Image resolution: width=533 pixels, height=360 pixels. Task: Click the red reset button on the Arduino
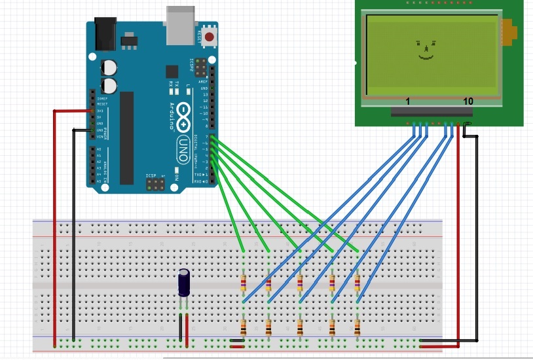(209, 37)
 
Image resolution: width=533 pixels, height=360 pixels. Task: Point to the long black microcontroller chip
(126, 137)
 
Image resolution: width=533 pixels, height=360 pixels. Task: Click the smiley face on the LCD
(425, 50)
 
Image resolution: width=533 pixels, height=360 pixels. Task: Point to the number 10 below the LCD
(468, 101)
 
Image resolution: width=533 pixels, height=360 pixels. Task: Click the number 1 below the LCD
(407, 101)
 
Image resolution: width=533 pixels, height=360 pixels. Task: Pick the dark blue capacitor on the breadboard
(185, 283)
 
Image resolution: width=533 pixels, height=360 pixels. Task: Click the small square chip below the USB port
(172, 71)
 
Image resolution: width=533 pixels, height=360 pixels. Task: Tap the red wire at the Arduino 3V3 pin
(72, 111)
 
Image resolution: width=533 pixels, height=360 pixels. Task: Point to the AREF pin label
(204, 81)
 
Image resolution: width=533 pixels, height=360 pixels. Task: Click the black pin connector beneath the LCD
(432, 112)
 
